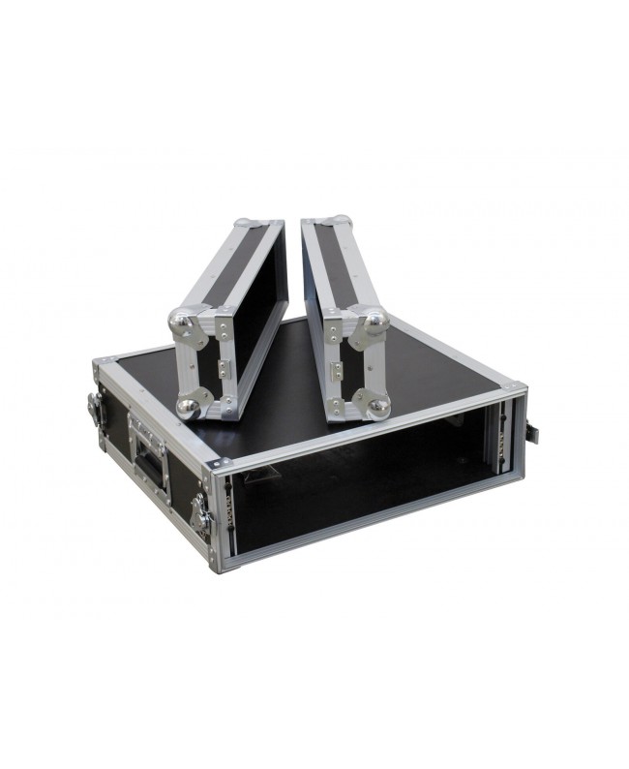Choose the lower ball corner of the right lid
[375, 408]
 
